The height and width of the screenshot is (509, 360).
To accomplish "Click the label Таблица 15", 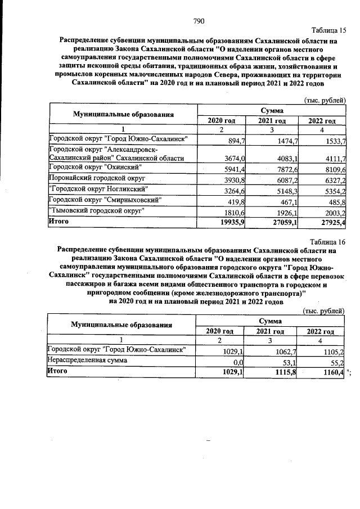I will coord(328,30).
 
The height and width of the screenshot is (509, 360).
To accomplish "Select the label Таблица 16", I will coord(328,241).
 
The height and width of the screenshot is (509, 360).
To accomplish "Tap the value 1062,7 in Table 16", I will coord(280,352).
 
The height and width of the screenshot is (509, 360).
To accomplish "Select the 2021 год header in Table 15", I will coord(272,121).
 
